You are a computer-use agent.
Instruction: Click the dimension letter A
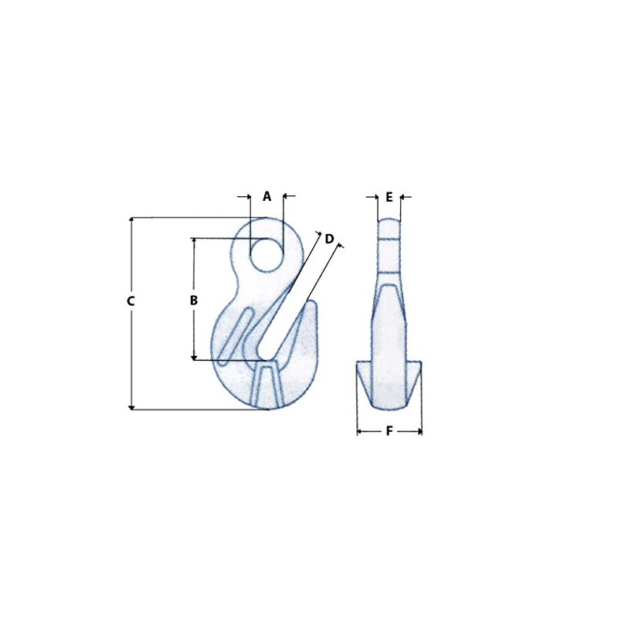[x=267, y=196]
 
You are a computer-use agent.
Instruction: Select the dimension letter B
[x=194, y=300]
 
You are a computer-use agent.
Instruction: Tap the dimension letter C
[x=131, y=301]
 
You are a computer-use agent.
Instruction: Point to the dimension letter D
[x=329, y=239]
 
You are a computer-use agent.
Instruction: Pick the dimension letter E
[x=389, y=197]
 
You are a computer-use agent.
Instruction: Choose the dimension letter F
[x=389, y=431]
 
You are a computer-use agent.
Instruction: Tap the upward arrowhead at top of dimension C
[x=132, y=221]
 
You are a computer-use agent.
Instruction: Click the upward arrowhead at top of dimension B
[x=194, y=241]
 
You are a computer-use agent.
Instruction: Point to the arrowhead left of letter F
[x=360, y=431]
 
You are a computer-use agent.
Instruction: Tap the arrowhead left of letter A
[x=247, y=196]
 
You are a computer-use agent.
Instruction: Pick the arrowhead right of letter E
[x=403, y=197]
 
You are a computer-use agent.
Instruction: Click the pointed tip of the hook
[x=311, y=304]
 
